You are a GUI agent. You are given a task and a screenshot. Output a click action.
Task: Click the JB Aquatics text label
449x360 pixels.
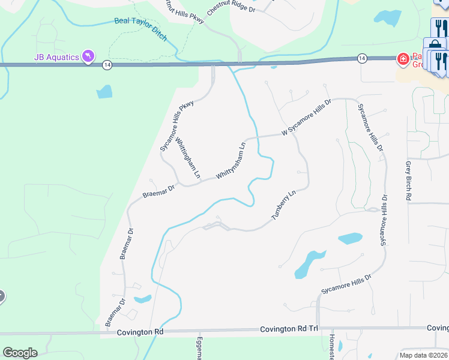(x=56, y=57)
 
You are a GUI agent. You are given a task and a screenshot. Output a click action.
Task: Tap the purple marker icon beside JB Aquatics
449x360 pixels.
(x=88, y=56)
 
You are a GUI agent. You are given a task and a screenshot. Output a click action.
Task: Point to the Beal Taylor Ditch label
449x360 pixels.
(x=140, y=29)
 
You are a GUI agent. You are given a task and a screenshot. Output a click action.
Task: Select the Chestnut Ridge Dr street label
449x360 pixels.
(x=231, y=7)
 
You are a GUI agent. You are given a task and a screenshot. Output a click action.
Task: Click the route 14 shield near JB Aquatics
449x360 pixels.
(x=106, y=65)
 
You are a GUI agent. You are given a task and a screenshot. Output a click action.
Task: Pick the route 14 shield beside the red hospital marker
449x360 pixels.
(x=361, y=58)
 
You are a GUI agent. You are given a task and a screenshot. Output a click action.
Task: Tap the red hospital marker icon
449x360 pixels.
(x=403, y=58)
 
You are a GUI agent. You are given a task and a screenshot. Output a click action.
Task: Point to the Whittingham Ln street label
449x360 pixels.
(x=187, y=158)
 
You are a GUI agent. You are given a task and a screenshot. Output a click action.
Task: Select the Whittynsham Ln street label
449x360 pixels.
(x=231, y=160)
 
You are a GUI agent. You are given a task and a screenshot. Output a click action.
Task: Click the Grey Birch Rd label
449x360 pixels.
(x=409, y=180)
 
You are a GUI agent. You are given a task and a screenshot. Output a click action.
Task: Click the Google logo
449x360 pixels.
(x=20, y=353)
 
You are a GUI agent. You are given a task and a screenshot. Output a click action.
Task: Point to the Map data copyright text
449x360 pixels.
(x=424, y=355)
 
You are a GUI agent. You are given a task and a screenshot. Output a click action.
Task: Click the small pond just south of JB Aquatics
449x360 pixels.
(x=104, y=91)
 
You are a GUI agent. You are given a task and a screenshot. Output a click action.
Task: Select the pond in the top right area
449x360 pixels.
(x=391, y=18)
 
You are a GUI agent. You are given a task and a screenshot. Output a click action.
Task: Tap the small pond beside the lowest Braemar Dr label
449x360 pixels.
(x=142, y=299)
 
